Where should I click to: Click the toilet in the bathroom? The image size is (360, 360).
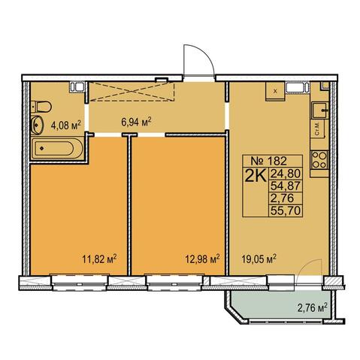click(x=41, y=107)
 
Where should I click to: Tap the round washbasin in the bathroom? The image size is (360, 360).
click(x=38, y=125)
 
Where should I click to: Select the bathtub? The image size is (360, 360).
click(x=57, y=148)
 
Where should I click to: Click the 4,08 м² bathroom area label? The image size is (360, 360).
click(x=66, y=125)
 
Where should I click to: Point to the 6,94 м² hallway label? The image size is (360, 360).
click(x=136, y=123)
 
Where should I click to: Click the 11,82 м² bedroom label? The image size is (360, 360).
click(x=100, y=259)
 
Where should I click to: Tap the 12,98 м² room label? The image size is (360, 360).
click(x=202, y=259)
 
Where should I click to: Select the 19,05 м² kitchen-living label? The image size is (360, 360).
click(x=259, y=259)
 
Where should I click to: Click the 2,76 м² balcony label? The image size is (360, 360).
click(x=313, y=307)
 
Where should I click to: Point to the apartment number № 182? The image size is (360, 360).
click(x=268, y=161)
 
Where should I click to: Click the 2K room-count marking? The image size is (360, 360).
click(x=256, y=177)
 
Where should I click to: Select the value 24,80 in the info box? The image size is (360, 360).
click(x=285, y=174)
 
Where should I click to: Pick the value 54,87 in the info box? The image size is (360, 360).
click(x=285, y=186)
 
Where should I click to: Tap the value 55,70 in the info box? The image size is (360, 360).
click(x=285, y=210)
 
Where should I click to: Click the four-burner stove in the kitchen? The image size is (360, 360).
click(x=319, y=160)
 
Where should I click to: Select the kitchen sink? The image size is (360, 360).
click(x=319, y=110)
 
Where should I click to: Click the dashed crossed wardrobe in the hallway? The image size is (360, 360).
click(x=132, y=91)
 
